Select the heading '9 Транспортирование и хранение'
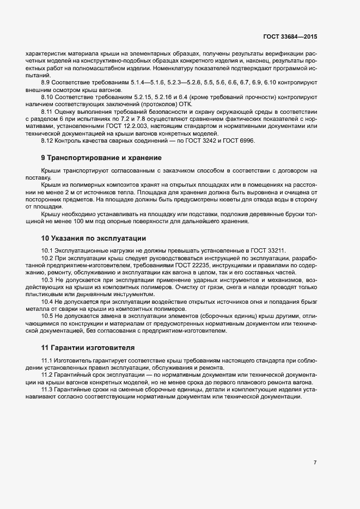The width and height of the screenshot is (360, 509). point(101,158)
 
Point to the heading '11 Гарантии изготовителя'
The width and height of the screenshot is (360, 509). point(88,347)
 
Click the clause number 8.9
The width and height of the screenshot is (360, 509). point(46,82)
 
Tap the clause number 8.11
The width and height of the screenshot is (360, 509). point(47,111)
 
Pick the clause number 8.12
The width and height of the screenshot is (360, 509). point(47,140)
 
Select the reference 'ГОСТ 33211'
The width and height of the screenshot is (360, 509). point(269,250)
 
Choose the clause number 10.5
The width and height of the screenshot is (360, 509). point(47,316)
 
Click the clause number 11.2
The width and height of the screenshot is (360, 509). point(47,376)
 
